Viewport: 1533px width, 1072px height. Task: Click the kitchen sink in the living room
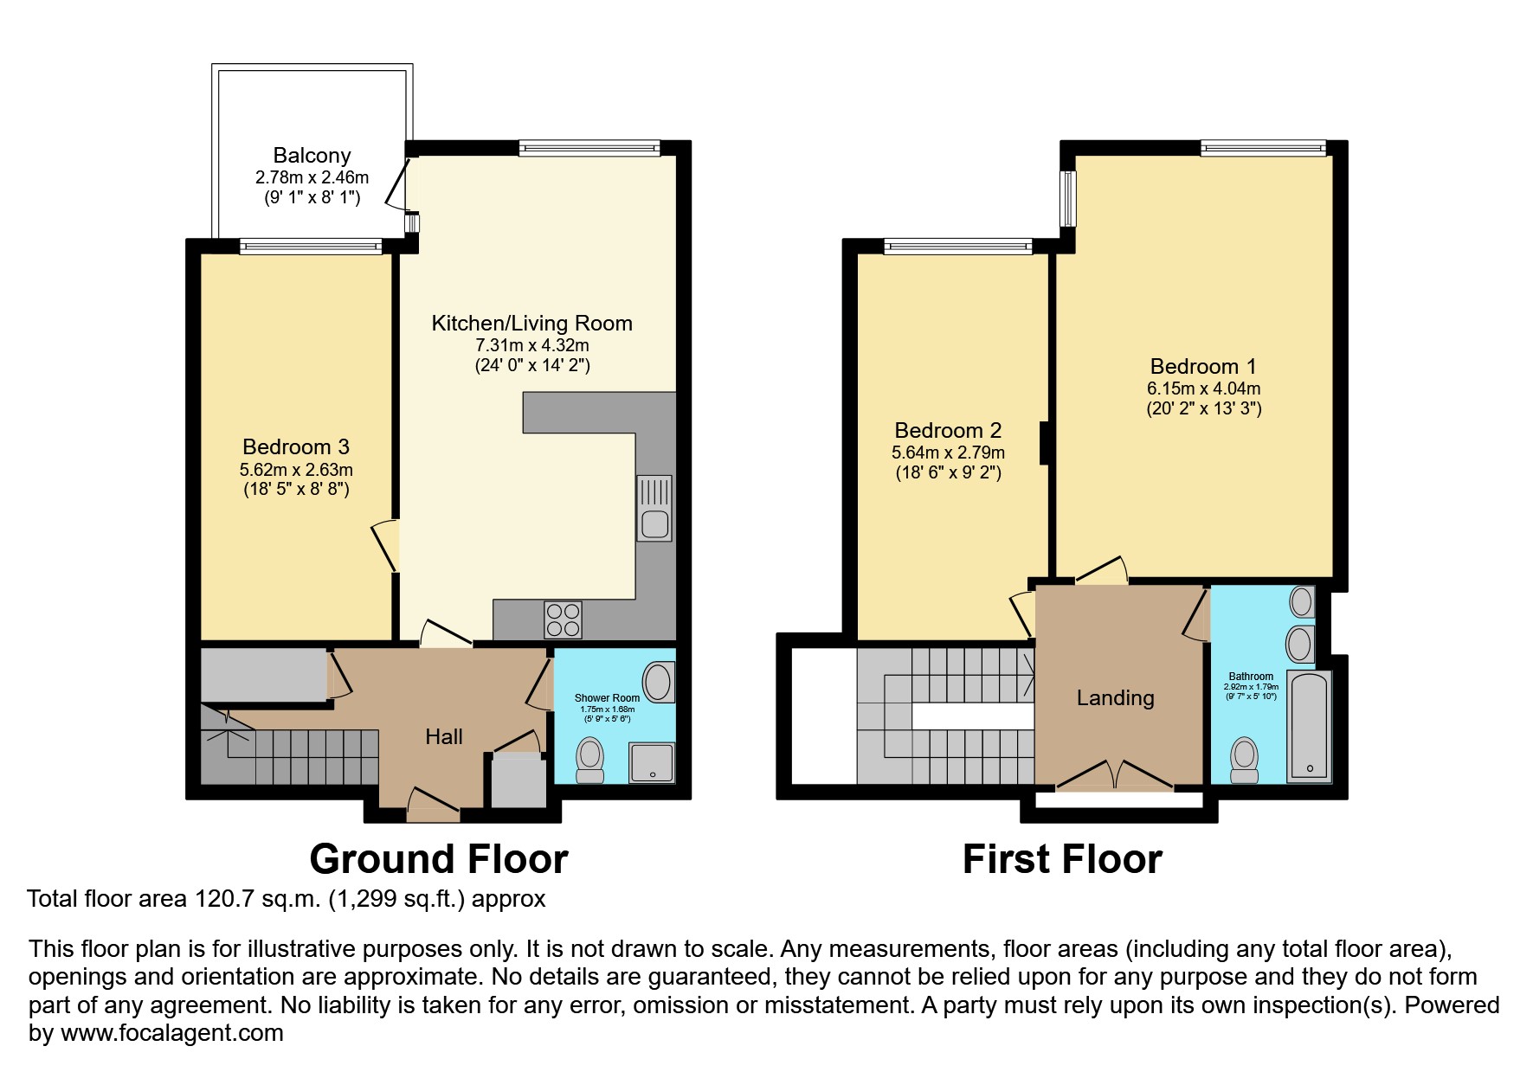point(654,509)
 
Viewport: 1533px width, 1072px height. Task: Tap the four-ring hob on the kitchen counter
point(563,619)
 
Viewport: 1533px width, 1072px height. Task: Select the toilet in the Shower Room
point(590,758)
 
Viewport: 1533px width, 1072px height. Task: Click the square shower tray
point(652,762)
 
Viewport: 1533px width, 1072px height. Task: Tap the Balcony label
point(312,156)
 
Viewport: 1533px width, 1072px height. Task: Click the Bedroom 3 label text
point(296,447)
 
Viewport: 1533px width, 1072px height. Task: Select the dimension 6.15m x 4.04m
point(1203,388)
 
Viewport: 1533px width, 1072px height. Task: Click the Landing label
point(1115,697)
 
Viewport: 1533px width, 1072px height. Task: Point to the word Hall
point(444,736)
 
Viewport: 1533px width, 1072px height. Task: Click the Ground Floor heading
point(439,859)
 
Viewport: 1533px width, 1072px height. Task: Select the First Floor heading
point(1062,859)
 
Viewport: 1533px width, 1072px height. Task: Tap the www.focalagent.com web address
point(172,1033)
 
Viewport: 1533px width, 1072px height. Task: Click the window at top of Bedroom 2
point(958,247)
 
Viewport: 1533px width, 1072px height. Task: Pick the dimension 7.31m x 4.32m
point(531,345)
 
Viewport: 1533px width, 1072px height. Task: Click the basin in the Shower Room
point(660,682)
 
